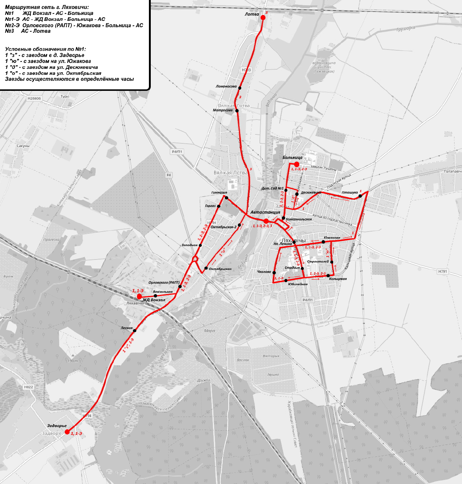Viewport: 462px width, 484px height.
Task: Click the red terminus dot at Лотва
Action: coord(263,17)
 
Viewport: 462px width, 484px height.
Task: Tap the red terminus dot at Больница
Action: coord(297,164)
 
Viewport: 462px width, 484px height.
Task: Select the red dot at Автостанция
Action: coord(266,221)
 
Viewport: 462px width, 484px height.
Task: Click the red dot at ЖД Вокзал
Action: coord(139,296)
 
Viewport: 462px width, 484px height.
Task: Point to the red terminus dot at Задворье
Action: coord(67,432)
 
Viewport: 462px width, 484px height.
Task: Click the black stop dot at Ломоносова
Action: coord(240,88)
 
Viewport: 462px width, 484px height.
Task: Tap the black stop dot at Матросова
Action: coord(237,111)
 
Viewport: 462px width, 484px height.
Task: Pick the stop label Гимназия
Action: coord(219,193)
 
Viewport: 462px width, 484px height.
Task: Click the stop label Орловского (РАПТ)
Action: coord(164,283)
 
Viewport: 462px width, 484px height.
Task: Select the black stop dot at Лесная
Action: coord(135,331)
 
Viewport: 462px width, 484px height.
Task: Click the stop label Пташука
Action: coord(350,192)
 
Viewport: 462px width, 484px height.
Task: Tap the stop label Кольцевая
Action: coord(338,279)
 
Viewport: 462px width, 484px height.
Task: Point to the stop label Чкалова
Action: coord(264,272)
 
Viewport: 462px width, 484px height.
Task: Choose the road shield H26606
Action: coord(34,99)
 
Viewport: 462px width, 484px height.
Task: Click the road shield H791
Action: coord(443,272)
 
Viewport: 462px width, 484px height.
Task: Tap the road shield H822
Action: coord(29,387)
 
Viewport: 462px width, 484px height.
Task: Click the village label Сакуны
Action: coord(23,146)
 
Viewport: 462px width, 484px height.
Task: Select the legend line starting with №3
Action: coord(28,31)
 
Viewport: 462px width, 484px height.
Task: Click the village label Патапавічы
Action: coord(453,172)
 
